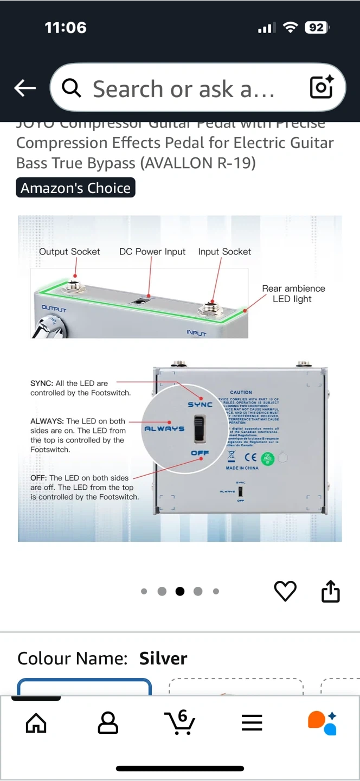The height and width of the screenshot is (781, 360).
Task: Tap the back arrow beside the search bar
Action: click(x=25, y=88)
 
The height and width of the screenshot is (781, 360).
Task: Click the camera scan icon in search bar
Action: click(x=321, y=87)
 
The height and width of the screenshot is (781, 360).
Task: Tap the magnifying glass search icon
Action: click(x=72, y=88)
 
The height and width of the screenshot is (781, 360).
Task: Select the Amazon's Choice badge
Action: click(x=75, y=188)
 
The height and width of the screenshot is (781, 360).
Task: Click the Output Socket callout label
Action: click(x=69, y=252)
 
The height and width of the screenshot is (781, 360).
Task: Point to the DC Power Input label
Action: click(x=152, y=252)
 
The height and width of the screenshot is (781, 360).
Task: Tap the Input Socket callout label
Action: click(x=224, y=252)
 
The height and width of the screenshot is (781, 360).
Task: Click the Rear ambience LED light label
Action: click(x=293, y=293)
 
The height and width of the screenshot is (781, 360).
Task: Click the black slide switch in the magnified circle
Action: click(x=200, y=428)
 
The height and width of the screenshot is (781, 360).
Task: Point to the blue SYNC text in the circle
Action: click(x=200, y=405)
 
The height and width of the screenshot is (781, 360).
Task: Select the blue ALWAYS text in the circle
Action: click(x=164, y=428)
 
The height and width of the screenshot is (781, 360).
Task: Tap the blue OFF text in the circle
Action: click(x=200, y=453)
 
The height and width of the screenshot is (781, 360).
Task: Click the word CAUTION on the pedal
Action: click(x=241, y=392)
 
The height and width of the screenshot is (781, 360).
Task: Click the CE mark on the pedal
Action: click(x=250, y=457)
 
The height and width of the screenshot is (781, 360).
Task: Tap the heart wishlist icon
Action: click(x=285, y=591)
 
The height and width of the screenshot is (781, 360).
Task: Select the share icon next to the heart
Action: click(x=330, y=591)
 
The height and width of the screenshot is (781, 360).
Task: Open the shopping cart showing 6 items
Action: click(x=180, y=722)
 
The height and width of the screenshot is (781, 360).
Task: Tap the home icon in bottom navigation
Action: click(x=36, y=722)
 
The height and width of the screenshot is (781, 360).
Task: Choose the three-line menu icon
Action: click(x=252, y=722)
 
